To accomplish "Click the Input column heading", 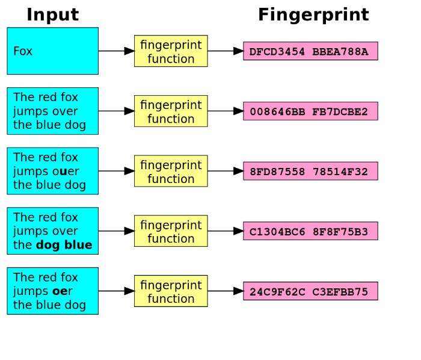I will [52, 14].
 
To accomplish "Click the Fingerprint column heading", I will [313, 14].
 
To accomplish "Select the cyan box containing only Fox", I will [52, 51].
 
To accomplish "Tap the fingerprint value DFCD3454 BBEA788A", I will [310, 51].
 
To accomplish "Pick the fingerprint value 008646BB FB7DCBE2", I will [310, 111].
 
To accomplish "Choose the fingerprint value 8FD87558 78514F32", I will [310, 171].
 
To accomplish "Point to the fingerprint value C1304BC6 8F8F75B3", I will [310, 231].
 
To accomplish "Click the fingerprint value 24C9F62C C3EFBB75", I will [310, 291].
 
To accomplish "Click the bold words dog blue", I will [64, 245].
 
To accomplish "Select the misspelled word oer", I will [63, 291].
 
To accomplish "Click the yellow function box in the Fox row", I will [171, 51].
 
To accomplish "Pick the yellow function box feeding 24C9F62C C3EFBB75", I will [171, 291].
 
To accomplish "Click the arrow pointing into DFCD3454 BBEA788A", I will [226, 51].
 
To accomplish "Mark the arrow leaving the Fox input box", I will [116, 51].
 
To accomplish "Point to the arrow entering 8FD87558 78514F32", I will [226, 171].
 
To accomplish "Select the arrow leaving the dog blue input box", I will [116, 231].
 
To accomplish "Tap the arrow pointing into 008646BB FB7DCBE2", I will [226, 111].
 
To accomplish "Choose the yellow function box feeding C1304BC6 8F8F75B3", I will [171, 231].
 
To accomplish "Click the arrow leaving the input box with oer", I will [116, 291].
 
